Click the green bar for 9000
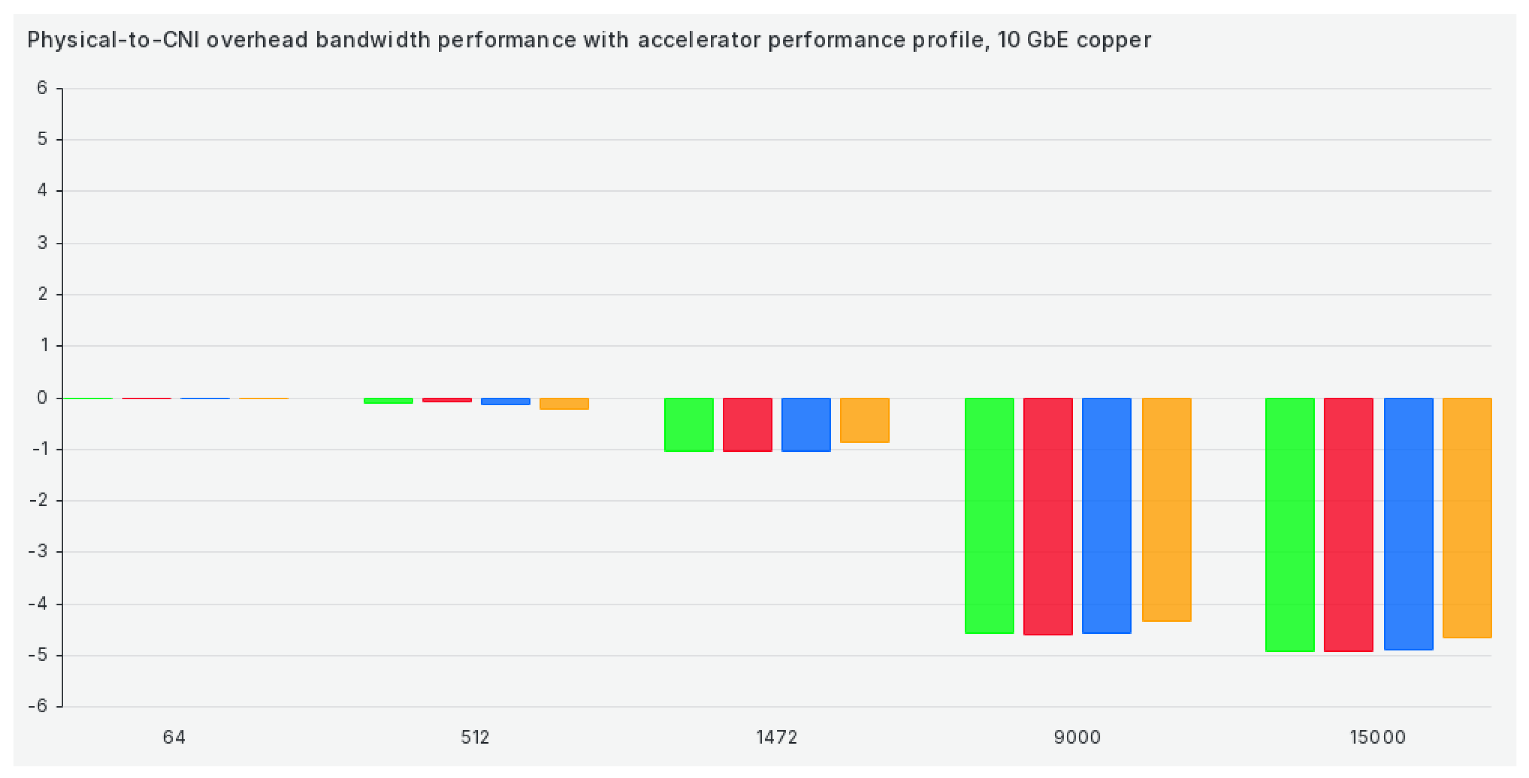coord(989,516)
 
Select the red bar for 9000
coord(1048,516)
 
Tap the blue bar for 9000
coord(1106,516)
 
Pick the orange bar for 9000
coord(1166,510)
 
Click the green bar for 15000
coord(1290,524)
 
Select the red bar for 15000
coord(1349,524)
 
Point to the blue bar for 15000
coord(1409,524)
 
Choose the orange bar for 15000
coord(1467,518)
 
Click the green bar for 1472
coord(688,425)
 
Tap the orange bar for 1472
coord(864,420)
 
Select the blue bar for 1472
coord(806,425)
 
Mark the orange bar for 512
coord(564,403)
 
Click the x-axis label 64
coord(174,737)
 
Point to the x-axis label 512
coord(475,737)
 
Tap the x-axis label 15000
coord(1377,737)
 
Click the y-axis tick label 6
coord(41,88)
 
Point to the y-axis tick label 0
coord(41,397)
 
